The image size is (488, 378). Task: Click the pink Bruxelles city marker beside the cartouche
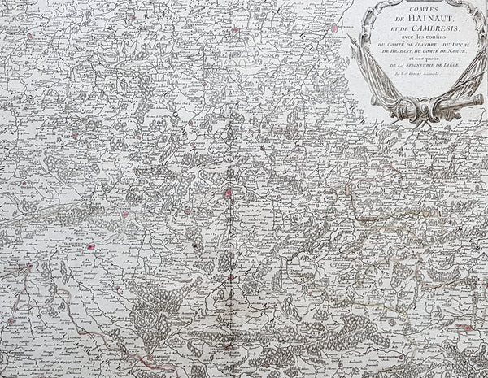point(334,28)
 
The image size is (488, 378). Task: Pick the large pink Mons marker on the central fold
point(229,193)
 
